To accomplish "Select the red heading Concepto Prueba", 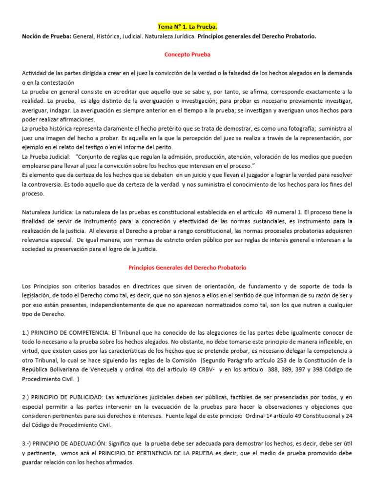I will (187, 55).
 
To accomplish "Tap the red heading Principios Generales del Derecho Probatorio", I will (187, 268).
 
